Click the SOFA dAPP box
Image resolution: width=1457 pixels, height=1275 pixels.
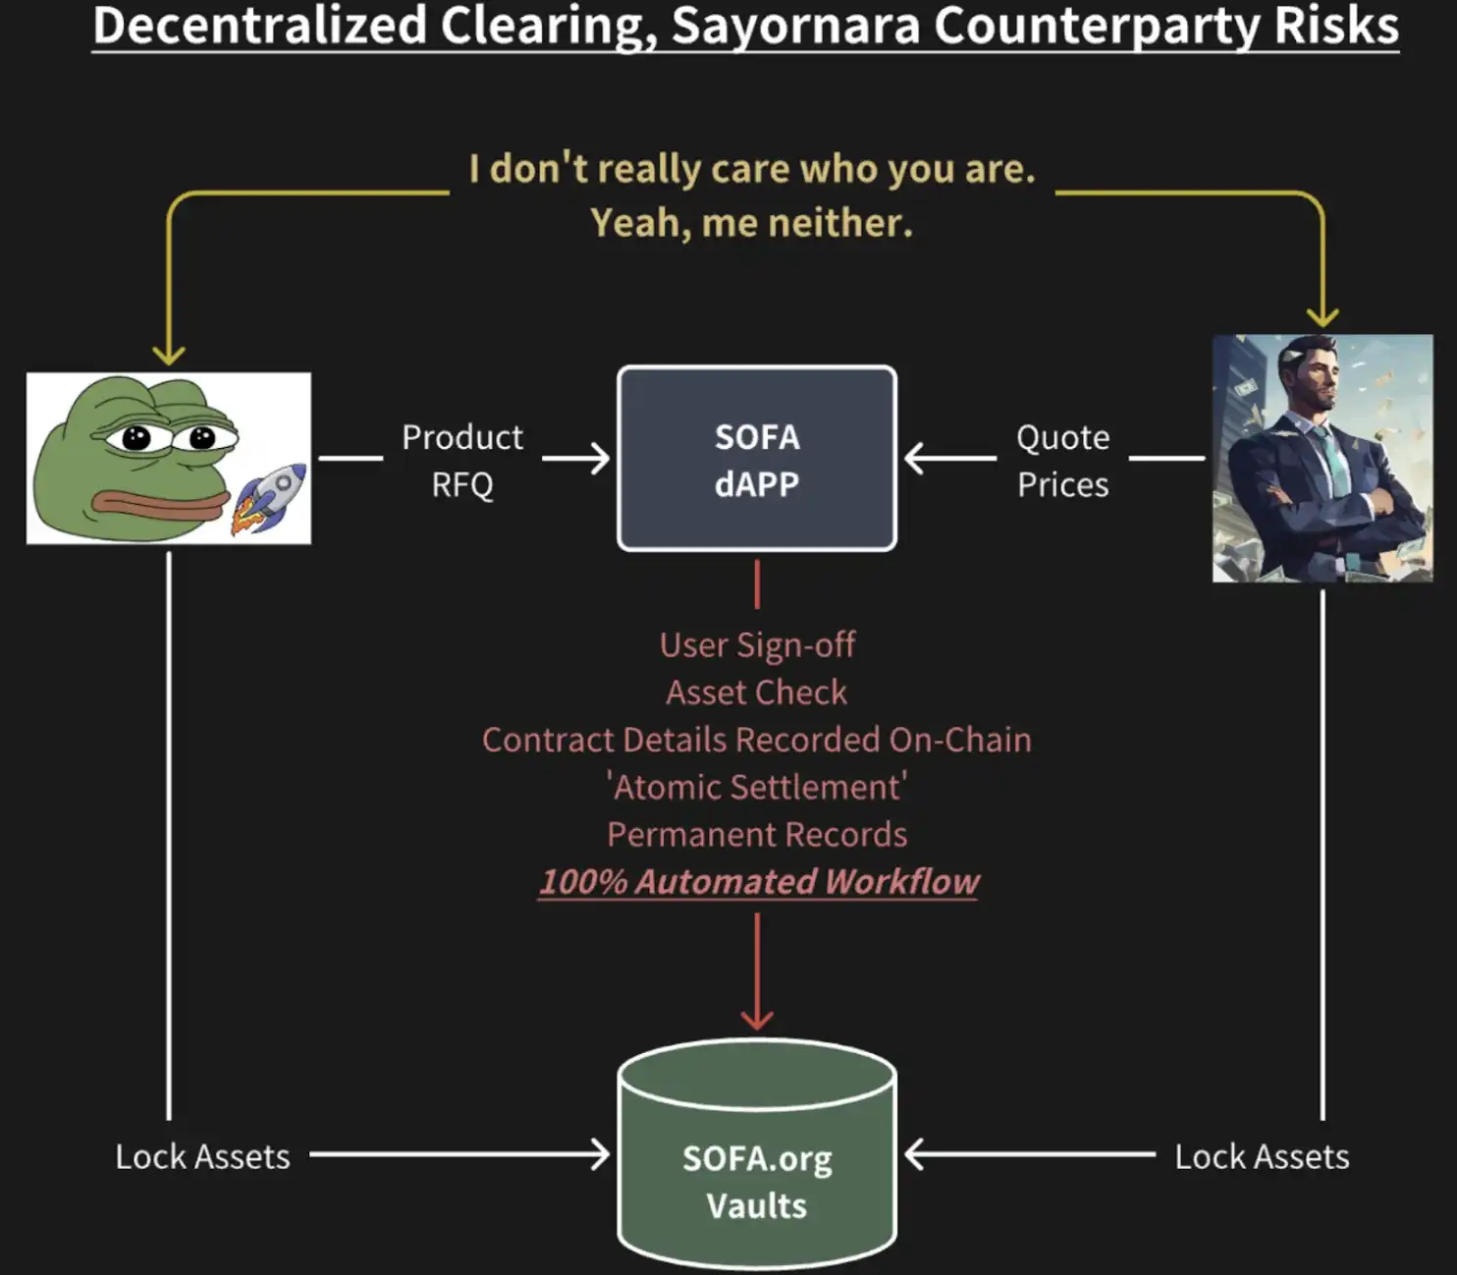pyautogui.click(x=756, y=459)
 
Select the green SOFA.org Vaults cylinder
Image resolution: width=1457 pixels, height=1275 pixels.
pyautogui.click(x=756, y=1159)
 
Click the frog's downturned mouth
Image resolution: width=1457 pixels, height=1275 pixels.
pyautogui.click(x=157, y=505)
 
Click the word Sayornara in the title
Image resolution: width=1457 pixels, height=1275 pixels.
pyautogui.click(x=796, y=27)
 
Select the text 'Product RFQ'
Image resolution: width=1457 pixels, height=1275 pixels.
pyautogui.click(x=462, y=460)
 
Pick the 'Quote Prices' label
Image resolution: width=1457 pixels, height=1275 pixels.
pyautogui.click(x=1062, y=460)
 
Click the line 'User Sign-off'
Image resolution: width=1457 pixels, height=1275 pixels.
pyautogui.click(x=757, y=645)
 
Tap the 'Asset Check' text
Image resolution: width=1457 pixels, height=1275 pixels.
pyautogui.click(x=756, y=693)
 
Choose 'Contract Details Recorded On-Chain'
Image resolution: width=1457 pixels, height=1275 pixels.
pyautogui.click(x=756, y=740)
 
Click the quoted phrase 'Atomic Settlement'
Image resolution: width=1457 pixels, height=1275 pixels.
pyautogui.click(x=756, y=787)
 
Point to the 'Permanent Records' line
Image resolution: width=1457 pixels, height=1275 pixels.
pyautogui.click(x=756, y=834)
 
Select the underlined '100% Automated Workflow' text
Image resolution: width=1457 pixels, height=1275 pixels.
pyautogui.click(x=758, y=881)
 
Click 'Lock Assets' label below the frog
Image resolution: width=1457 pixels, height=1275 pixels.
pyautogui.click(x=202, y=1156)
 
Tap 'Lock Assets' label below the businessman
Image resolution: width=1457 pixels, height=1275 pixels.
pyautogui.click(x=1262, y=1156)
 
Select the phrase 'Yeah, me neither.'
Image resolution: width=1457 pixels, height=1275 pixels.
pyautogui.click(x=751, y=223)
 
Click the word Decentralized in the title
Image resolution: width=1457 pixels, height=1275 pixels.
pyautogui.click(x=259, y=27)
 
